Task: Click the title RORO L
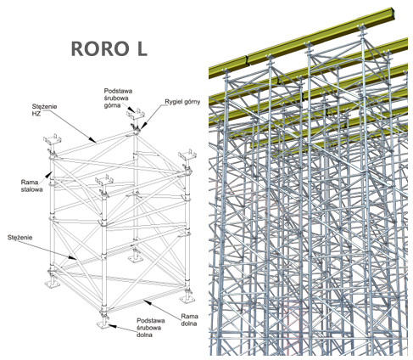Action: (x=109, y=48)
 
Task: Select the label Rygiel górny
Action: (x=182, y=102)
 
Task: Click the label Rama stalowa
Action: (x=31, y=186)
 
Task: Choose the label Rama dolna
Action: (x=189, y=320)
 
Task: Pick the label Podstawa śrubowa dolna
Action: (x=151, y=328)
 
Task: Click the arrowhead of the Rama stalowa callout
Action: (x=50, y=172)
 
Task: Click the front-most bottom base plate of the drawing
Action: (x=102, y=324)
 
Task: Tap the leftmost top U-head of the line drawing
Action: (x=53, y=141)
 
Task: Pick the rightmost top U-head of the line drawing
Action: (x=187, y=155)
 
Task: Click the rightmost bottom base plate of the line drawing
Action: (x=187, y=300)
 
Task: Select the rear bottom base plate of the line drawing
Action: (x=135, y=259)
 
